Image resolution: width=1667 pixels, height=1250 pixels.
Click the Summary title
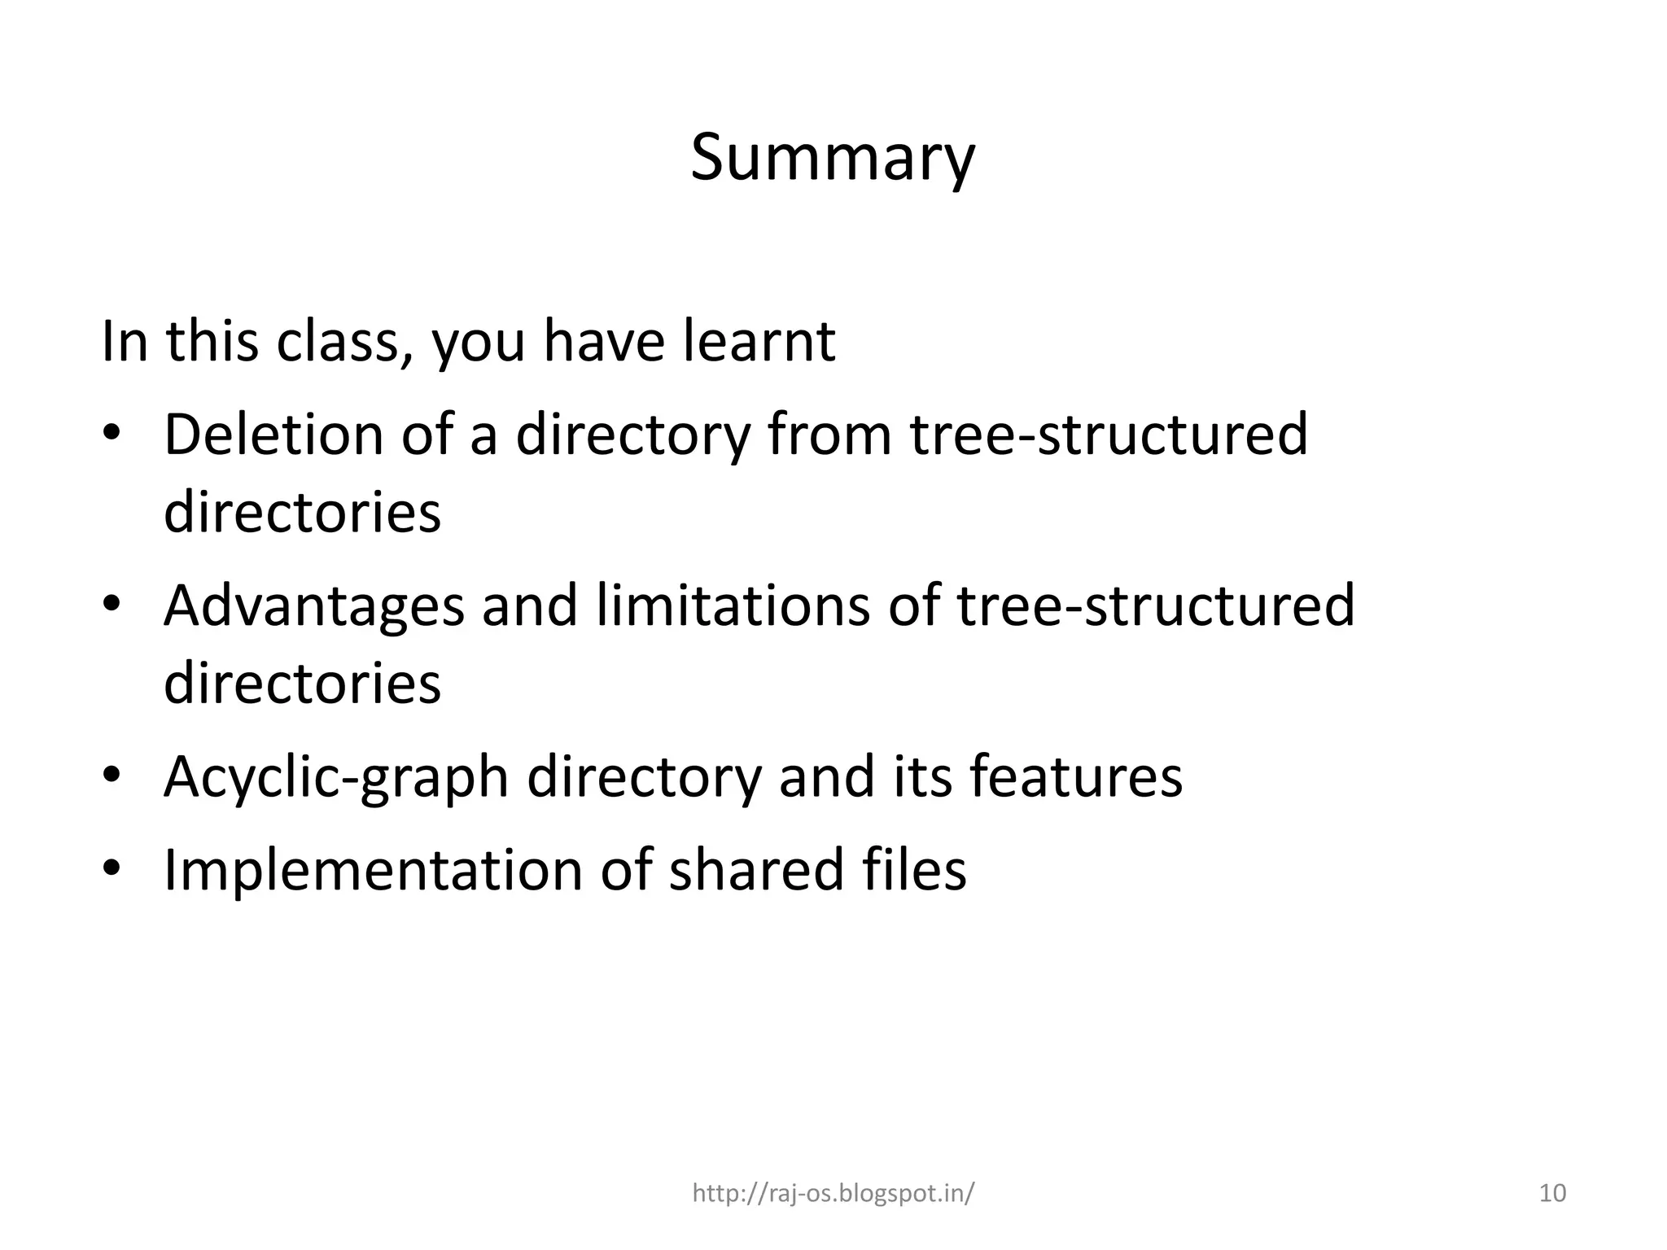click(x=832, y=158)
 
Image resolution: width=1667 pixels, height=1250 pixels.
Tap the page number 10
click(x=1553, y=1193)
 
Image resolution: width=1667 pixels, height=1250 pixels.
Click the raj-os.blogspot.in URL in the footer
click(x=833, y=1193)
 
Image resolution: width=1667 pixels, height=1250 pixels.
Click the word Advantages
click(x=313, y=605)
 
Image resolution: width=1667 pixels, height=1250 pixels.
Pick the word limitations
click(x=733, y=605)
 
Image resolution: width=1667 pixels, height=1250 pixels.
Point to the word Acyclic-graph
click(x=336, y=778)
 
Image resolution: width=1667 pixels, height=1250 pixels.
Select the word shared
click(x=755, y=870)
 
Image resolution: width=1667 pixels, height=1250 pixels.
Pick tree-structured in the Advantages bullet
click(x=1156, y=605)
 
